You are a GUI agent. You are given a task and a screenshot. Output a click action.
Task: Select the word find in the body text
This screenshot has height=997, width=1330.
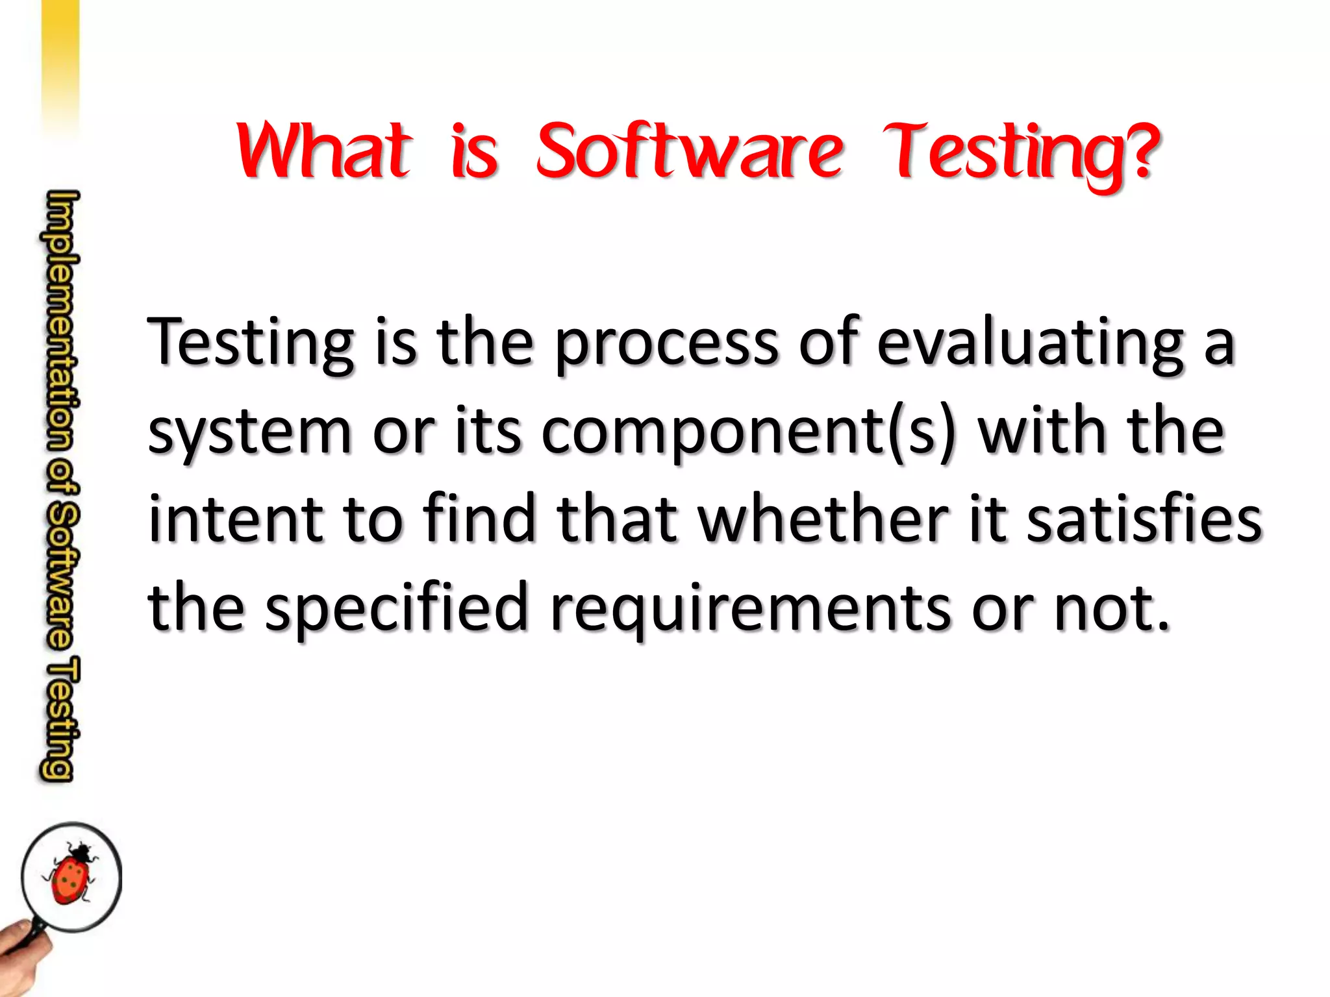click(481, 519)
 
